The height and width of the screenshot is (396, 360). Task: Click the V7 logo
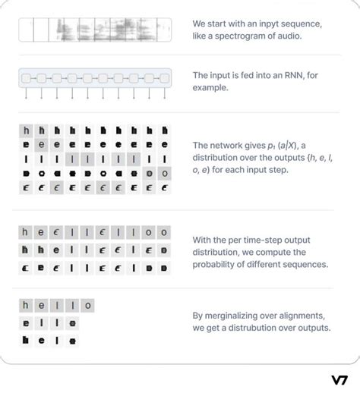(339, 380)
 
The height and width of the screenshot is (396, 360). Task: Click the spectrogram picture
(95, 30)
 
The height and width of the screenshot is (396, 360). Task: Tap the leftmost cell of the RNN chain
(27, 78)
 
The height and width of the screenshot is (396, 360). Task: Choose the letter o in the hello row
(88, 306)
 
